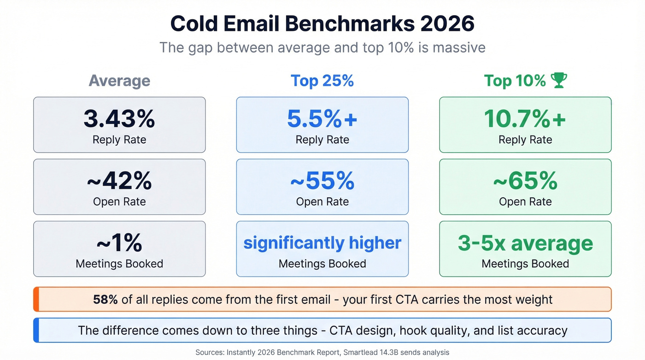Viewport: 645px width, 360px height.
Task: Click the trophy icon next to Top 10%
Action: [559, 81]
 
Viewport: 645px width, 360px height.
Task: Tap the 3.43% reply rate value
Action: [119, 118]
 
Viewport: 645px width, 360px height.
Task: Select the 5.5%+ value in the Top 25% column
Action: [322, 118]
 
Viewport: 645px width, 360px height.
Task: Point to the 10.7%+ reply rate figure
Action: [525, 118]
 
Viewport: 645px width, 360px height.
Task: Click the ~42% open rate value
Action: [119, 181]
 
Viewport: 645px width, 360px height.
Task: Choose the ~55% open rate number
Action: [322, 181]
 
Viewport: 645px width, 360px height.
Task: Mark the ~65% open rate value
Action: [525, 181]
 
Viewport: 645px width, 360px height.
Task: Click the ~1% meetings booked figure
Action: [119, 243]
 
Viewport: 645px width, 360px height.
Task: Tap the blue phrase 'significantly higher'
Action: [322, 243]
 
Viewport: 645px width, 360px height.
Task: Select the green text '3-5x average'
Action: [525, 243]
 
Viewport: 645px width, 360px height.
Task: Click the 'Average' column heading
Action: [119, 81]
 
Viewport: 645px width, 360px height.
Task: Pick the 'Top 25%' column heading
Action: [322, 81]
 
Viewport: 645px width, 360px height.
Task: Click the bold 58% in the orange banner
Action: [105, 300]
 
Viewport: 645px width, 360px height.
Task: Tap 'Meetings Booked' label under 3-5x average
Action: [525, 264]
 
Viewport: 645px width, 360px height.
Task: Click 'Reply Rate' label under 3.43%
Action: [119, 140]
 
